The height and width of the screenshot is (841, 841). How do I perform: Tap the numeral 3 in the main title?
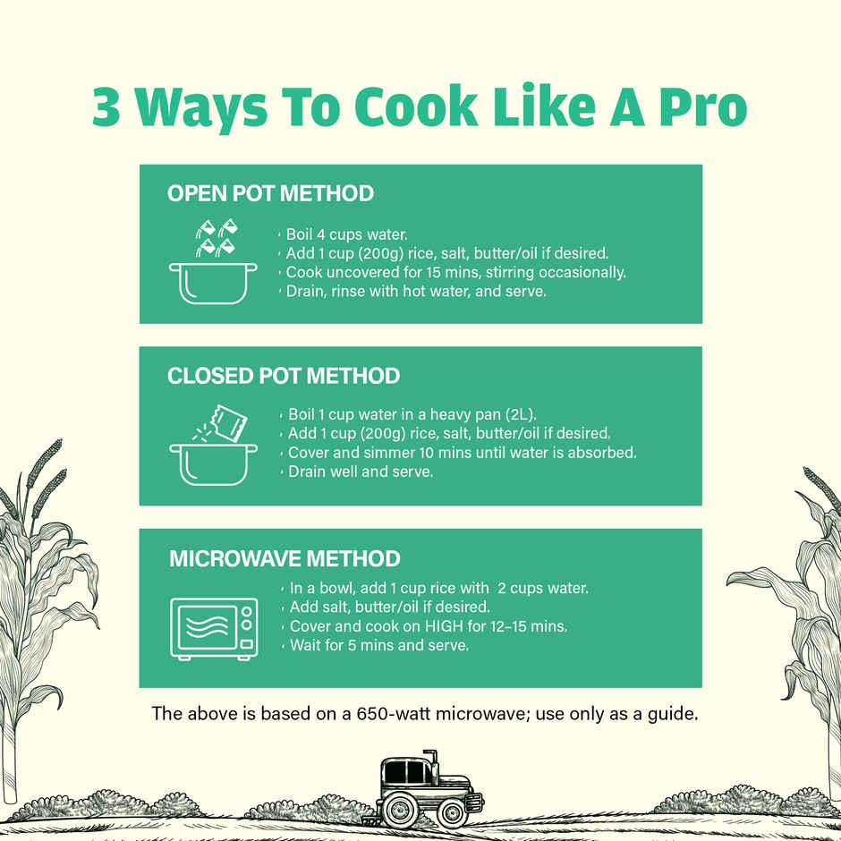coord(106,106)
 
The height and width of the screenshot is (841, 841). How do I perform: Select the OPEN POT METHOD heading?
coord(270,193)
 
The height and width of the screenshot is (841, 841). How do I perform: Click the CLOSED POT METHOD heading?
coord(284,376)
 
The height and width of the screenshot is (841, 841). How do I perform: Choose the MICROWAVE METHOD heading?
coord(285,559)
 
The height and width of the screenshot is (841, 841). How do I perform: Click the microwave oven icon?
coord(214,629)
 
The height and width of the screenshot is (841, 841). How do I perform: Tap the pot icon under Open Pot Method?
coord(213,284)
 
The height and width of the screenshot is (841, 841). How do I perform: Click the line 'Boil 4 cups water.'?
coord(346,235)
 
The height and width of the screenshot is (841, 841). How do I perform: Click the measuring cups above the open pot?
coord(217,238)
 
